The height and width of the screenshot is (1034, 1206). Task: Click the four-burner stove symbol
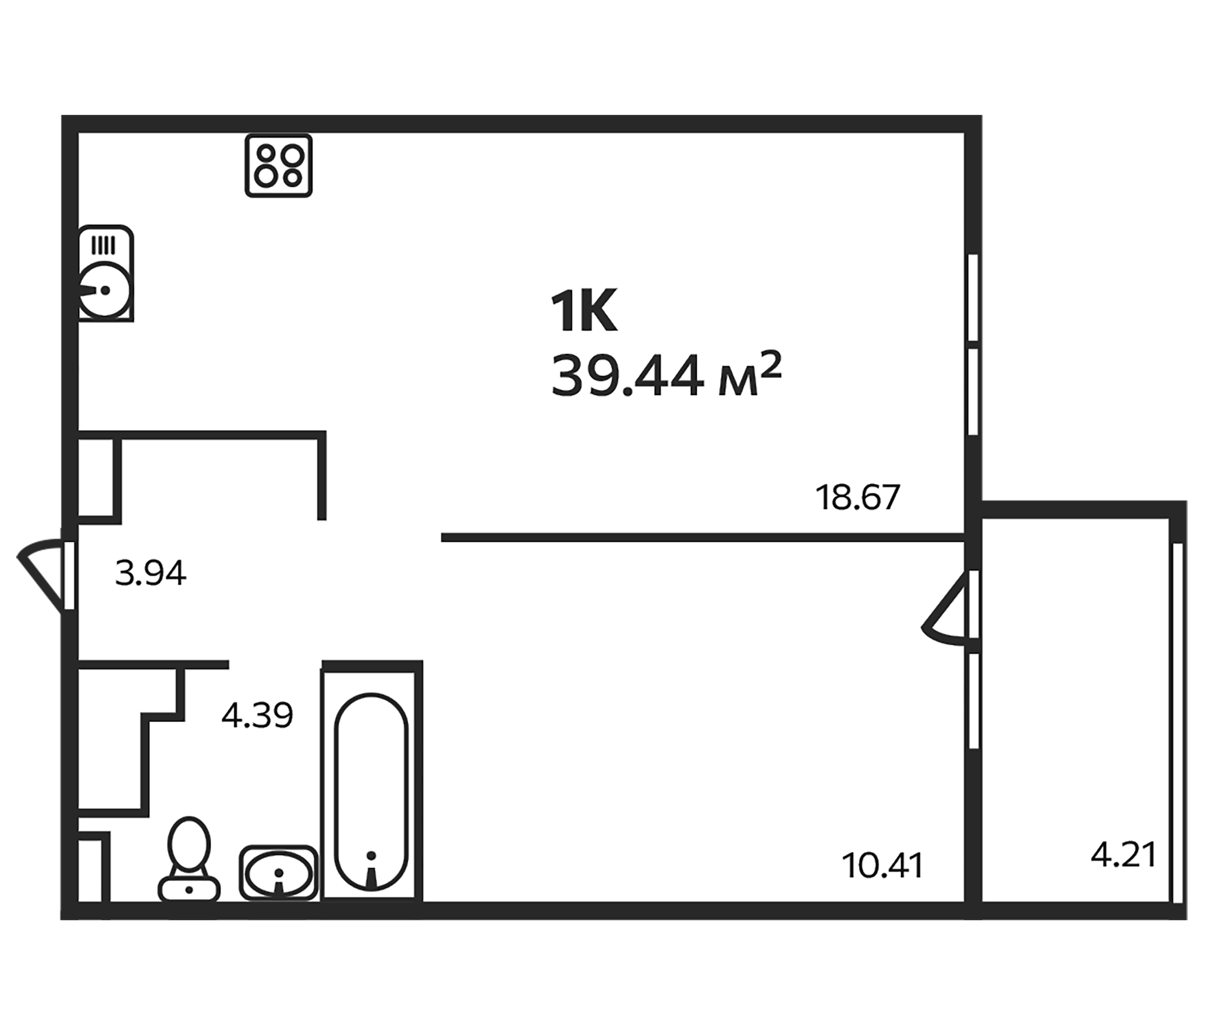tap(278, 166)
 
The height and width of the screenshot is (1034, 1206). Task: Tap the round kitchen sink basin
tap(105, 290)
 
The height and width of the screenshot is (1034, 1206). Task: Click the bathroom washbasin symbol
tap(278, 873)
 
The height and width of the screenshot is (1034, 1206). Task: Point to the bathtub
tap(372, 792)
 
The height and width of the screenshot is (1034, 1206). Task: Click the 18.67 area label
tap(857, 498)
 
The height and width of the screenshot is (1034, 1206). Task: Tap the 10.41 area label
tap(882, 865)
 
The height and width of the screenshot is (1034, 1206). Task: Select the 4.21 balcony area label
tap(1123, 855)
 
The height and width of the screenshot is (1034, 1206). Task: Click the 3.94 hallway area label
tap(150, 573)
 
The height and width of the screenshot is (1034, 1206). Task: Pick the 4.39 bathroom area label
tap(257, 715)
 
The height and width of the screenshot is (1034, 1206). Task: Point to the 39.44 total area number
tap(627, 377)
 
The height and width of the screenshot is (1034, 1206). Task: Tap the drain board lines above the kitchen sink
tap(103, 245)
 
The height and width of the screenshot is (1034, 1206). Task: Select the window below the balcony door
tap(974, 701)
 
